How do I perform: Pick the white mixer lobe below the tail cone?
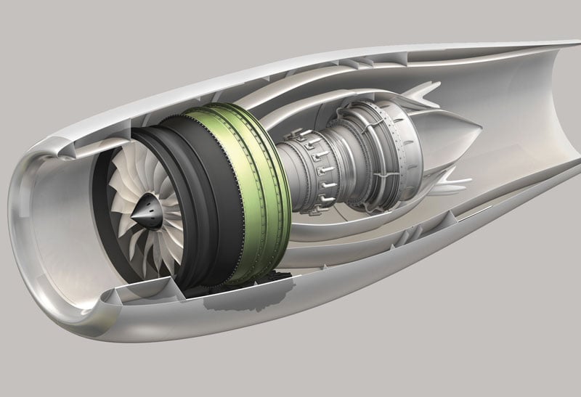point(443,174)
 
